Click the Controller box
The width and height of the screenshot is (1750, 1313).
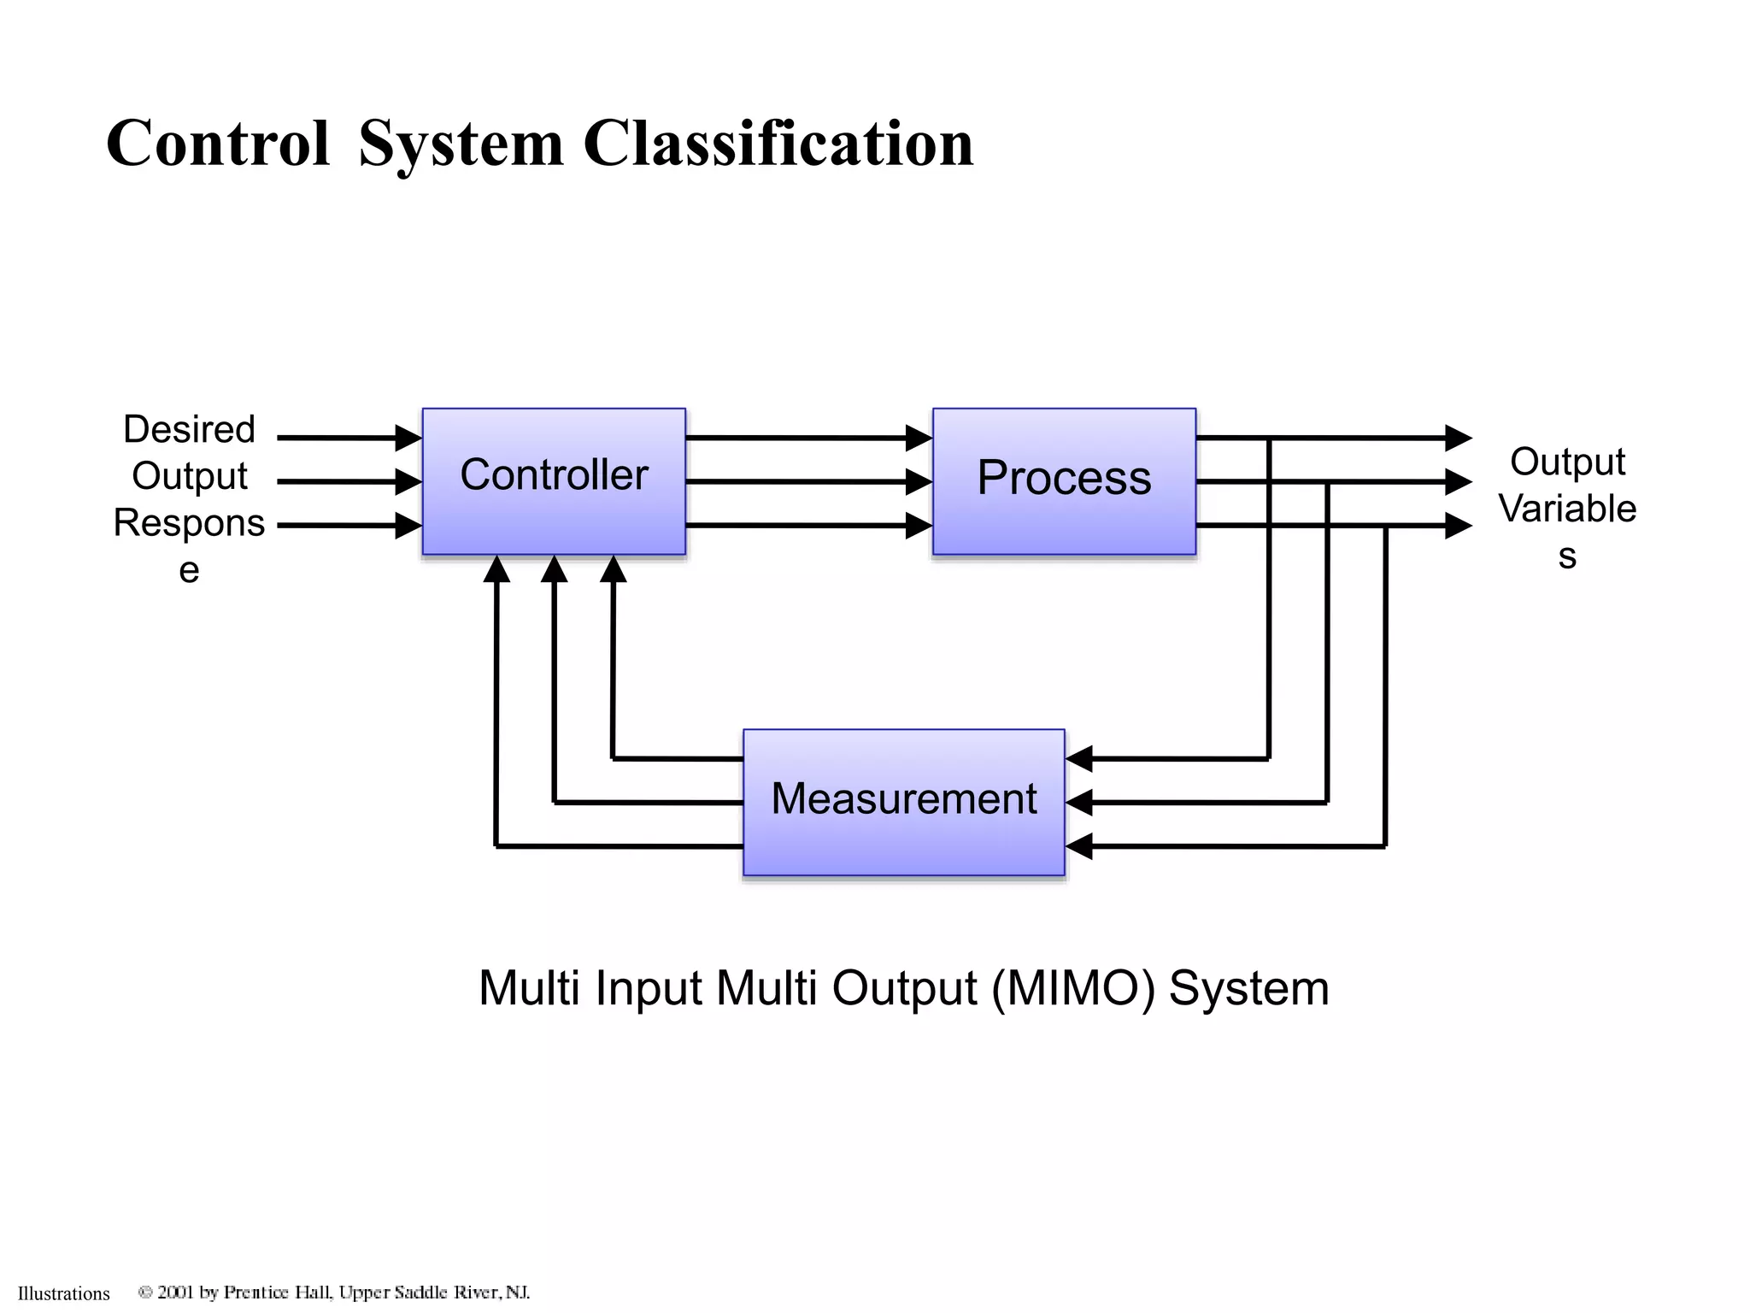click(554, 480)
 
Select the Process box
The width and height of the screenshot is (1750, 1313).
click(1064, 480)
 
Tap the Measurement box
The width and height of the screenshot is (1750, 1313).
click(903, 801)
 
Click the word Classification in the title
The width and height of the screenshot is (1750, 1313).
click(778, 144)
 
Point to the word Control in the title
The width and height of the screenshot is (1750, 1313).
click(217, 144)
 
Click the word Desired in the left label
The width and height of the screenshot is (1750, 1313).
click(189, 429)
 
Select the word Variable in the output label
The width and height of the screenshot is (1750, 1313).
click(1566, 509)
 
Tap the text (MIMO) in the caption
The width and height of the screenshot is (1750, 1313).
click(1073, 988)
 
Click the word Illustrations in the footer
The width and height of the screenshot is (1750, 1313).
click(64, 1293)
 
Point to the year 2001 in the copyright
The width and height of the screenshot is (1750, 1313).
click(175, 1292)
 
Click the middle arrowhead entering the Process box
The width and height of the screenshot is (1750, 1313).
click(919, 481)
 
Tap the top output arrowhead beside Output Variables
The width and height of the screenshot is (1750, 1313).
click(1458, 438)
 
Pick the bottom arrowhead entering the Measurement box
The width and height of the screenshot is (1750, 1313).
click(1079, 846)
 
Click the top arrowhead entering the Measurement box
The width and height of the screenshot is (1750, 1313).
click(1079, 758)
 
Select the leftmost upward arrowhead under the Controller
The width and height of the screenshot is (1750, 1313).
click(496, 569)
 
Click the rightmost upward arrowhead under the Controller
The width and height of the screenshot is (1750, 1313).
click(613, 569)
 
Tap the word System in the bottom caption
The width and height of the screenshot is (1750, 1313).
click(1248, 988)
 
